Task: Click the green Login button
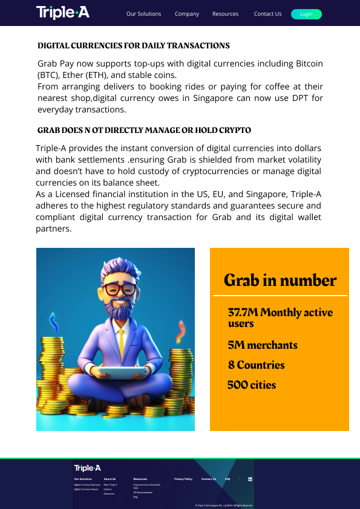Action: [306, 14]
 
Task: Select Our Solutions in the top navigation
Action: [144, 14]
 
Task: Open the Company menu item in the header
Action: [187, 14]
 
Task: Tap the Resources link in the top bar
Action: [225, 14]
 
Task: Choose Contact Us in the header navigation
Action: [267, 14]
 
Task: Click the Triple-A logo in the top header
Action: [62, 12]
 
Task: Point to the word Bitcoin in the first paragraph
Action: [309, 63]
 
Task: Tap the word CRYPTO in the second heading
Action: [236, 130]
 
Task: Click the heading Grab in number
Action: [280, 280]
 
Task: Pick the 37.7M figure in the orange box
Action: [243, 313]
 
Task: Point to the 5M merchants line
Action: [263, 345]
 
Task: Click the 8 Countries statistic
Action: [256, 365]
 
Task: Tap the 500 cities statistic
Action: [252, 385]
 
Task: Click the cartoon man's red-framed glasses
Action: [120, 289]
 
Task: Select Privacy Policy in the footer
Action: [183, 479]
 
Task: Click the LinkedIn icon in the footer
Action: [250, 479]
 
